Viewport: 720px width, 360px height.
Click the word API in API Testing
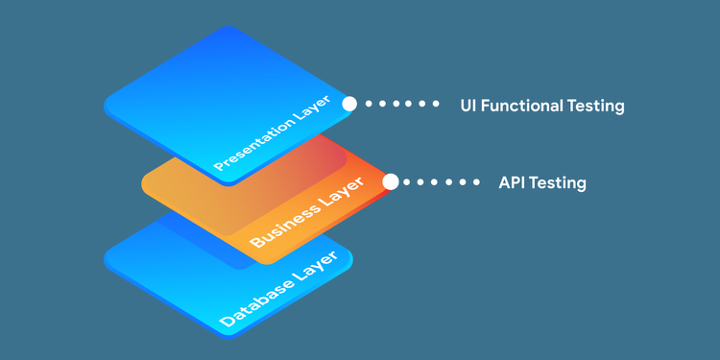coord(514,182)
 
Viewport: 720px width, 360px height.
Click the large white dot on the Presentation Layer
coord(349,104)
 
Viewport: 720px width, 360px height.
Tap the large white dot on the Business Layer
coord(390,181)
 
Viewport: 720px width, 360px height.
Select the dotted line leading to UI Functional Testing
coord(403,104)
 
